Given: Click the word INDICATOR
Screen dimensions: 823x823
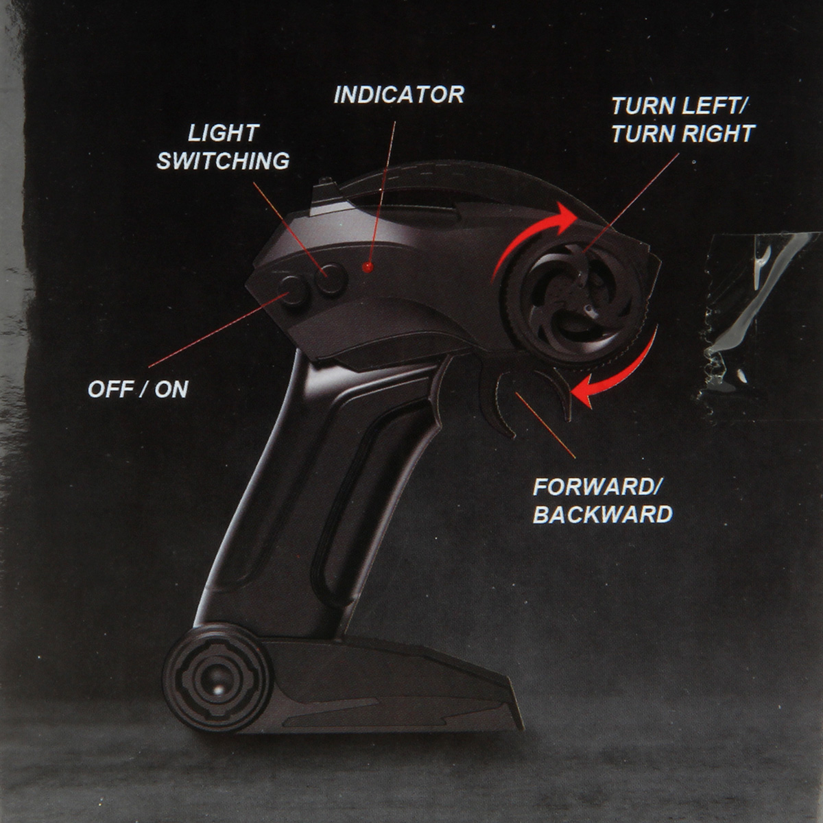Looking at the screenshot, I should (x=398, y=95).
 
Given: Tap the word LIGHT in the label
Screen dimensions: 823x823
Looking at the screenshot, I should (x=223, y=133).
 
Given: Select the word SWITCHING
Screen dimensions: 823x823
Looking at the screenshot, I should (x=223, y=161).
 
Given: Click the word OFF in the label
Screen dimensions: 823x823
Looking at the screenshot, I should (x=110, y=390).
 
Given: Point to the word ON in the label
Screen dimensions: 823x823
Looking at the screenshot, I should (x=171, y=390).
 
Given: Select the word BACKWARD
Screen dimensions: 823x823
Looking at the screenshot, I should (x=603, y=515).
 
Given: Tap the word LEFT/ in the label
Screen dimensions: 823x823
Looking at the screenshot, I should (x=714, y=106).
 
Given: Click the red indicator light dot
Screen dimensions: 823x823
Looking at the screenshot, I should (x=368, y=265).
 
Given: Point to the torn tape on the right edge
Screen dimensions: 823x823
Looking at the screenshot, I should (x=754, y=309).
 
